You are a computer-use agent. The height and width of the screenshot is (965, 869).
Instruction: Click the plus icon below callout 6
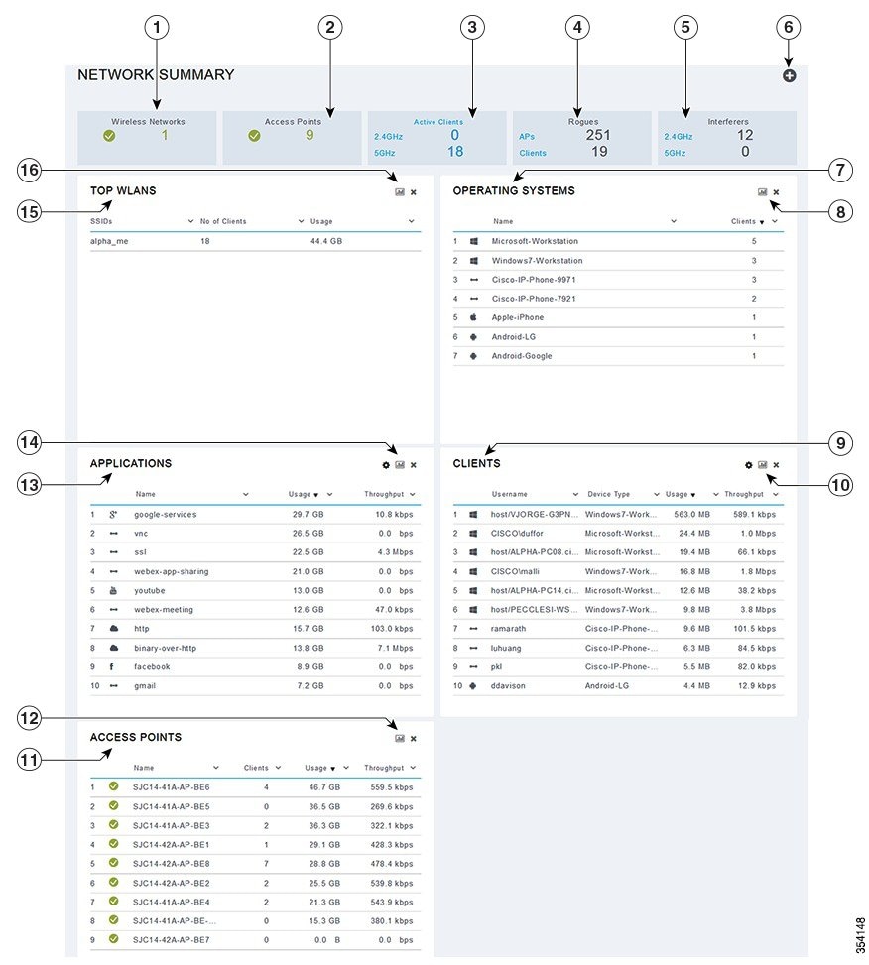pyautogui.click(x=789, y=75)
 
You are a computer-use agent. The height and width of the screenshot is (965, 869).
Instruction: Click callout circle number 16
pyautogui.click(x=29, y=170)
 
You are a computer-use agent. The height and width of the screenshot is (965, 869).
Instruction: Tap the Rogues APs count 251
pyautogui.click(x=597, y=135)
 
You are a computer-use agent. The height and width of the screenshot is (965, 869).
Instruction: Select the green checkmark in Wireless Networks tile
pyautogui.click(x=109, y=136)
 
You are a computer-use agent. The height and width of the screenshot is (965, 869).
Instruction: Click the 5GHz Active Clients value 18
pyautogui.click(x=454, y=152)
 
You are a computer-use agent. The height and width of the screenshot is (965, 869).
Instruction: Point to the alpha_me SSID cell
pyautogui.click(x=109, y=241)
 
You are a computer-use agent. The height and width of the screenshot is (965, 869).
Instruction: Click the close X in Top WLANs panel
pyautogui.click(x=413, y=192)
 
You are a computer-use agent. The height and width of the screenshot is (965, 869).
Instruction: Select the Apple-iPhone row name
pyautogui.click(x=517, y=317)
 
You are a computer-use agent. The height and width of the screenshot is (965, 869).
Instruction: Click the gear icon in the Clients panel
pyautogui.click(x=748, y=465)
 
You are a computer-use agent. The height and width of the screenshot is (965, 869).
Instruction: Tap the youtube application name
pyautogui.click(x=150, y=591)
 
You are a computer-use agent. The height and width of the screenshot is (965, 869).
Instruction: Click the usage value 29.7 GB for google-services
pyautogui.click(x=308, y=515)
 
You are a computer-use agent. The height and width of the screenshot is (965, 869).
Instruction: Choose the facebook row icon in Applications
pyautogui.click(x=111, y=666)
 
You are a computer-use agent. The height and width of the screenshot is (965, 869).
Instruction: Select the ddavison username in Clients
pyautogui.click(x=508, y=686)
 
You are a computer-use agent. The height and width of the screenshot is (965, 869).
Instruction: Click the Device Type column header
pyautogui.click(x=608, y=494)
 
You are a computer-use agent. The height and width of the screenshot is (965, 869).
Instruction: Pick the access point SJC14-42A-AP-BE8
pyautogui.click(x=171, y=864)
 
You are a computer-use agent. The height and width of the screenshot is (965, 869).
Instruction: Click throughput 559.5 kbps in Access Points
pyautogui.click(x=392, y=787)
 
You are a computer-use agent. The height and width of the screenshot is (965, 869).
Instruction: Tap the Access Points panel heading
pyautogui.click(x=135, y=737)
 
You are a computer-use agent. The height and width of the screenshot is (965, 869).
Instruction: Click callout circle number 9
pyautogui.click(x=840, y=443)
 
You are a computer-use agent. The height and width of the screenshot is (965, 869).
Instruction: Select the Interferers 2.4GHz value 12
pyautogui.click(x=745, y=135)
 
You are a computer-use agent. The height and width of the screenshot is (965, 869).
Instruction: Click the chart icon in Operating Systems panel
pyautogui.click(x=763, y=192)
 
